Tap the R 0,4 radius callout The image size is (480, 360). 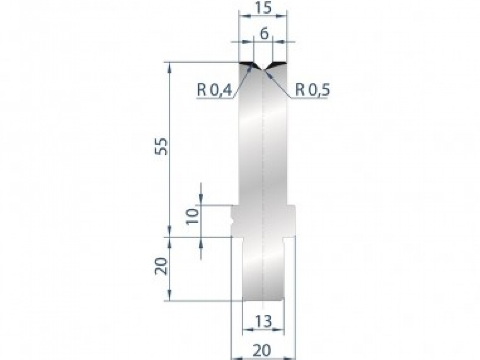point(214,90)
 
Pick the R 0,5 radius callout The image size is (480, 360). point(312,90)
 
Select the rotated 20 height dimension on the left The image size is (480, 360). point(160,266)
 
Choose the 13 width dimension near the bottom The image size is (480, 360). point(264,321)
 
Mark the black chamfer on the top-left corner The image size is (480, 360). point(246,64)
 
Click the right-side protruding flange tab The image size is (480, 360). point(292,220)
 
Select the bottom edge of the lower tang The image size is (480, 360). point(264,300)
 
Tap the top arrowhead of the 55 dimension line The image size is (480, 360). point(170,66)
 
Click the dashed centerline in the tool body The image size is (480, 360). point(263,160)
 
